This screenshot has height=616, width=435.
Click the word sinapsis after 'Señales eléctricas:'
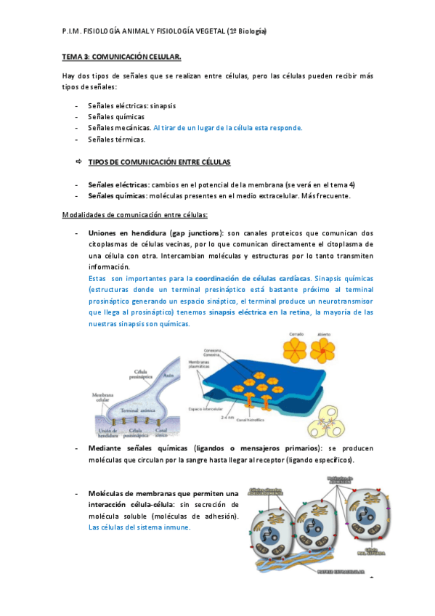click(162, 105)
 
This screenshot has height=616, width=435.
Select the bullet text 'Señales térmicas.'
click(116, 139)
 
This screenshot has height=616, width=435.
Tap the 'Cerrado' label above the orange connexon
click(296, 336)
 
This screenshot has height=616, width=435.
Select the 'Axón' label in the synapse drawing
click(168, 376)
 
